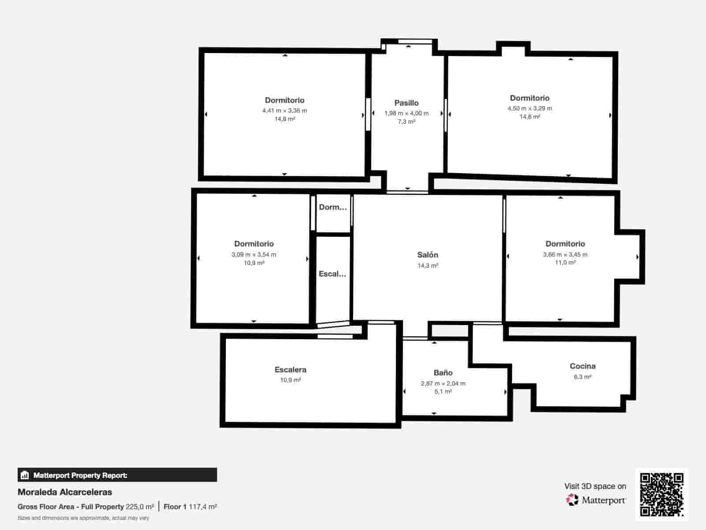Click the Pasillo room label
pos(406,103)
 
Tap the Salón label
pos(428,255)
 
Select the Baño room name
pos(443,373)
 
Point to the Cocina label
pos(582,366)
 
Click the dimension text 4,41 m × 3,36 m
pos(284,111)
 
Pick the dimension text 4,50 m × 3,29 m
pos(530,109)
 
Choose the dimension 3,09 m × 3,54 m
pos(254,254)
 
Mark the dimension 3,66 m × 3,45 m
pos(565,254)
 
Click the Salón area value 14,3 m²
pos(428,265)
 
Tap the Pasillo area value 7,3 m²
pos(406,121)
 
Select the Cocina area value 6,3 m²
pos(582,377)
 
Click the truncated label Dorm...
pos(333,207)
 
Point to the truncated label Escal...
pos(332,274)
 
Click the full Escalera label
pos(290,370)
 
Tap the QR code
pos(661,494)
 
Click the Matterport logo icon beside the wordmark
pos(572,500)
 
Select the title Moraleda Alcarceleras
pos(65,492)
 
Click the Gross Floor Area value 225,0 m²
pos(139,507)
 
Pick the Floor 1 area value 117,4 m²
pos(203,507)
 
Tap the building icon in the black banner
pos(25,475)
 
